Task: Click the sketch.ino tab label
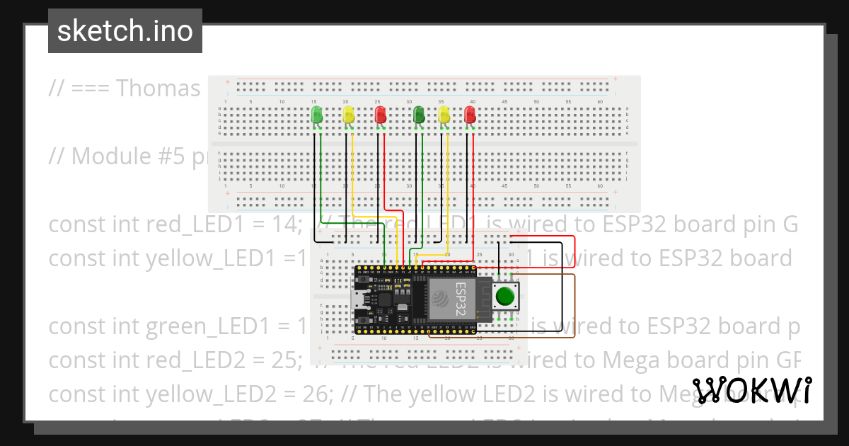(x=125, y=31)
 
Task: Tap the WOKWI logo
(x=751, y=390)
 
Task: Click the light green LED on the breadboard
(x=316, y=115)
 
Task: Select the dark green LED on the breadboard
(x=419, y=115)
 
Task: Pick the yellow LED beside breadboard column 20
(x=348, y=115)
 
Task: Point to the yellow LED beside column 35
(x=444, y=115)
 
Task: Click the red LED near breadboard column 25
(x=380, y=115)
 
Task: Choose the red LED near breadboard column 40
(x=470, y=115)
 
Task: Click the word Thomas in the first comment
(x=158, y=88)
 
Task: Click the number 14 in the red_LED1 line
(x=288, y=224)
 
